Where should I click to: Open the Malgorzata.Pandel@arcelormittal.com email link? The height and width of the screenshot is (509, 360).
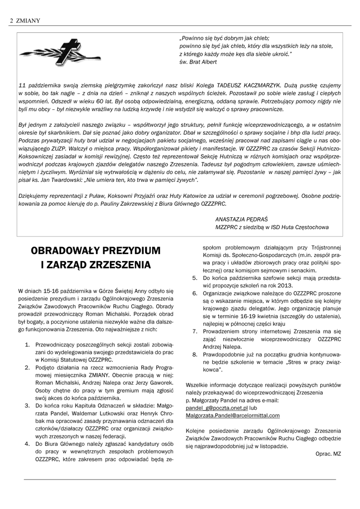click(232, 415)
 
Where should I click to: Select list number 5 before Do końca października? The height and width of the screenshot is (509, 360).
click(195, 278)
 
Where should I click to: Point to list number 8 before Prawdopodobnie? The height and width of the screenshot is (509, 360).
click(195, 354)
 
